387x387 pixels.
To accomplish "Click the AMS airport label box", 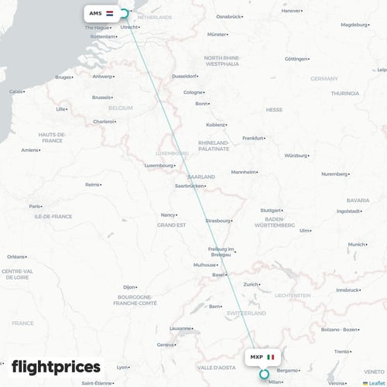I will point(101,13).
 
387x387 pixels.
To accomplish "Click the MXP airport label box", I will point(262,357).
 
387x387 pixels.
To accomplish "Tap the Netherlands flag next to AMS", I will point(109,13).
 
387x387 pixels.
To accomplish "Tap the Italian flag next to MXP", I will point(271,357).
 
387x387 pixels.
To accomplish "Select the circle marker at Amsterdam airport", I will point(124,13).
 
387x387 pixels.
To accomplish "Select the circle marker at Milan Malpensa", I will point(264,374).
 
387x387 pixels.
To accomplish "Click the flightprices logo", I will point(56,366).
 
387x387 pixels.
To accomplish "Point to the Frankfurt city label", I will point(252,138).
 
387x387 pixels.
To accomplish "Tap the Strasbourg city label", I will point(217,221).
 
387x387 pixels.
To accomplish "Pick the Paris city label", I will point(34,207).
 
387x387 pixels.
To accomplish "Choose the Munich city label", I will point(355,245).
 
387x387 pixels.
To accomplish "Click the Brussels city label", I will point(101,98).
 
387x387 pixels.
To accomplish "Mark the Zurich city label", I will point(251,284).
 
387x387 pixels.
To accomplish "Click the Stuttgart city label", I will point(270,210).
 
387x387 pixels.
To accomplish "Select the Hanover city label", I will point(291,11).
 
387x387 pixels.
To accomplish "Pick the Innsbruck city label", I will point(346,289).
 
